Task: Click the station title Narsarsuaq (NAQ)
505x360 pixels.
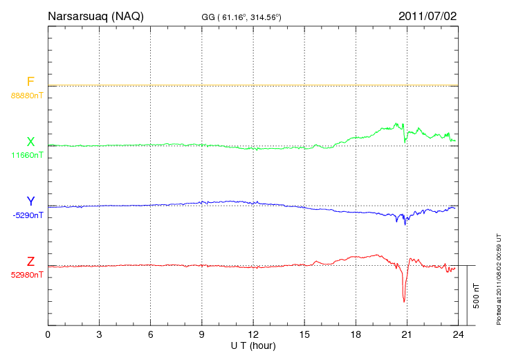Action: point(95,16)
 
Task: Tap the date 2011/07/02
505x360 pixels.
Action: point(427,16)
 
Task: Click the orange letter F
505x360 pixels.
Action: point(30,82)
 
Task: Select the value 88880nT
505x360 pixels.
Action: point(26,96)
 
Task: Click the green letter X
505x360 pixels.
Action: point(30,142)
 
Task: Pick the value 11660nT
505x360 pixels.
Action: point(26,155)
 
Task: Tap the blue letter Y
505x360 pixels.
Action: point(30,201)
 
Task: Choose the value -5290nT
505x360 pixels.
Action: point(27,215)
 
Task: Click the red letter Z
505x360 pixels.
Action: point(30,262)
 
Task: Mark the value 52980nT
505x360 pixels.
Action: point(26,275)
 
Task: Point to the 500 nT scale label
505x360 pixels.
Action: point(476,296)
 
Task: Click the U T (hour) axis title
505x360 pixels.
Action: point(252,345)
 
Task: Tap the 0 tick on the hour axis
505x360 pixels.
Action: point(48,334)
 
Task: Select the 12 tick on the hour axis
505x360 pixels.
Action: point(252,334)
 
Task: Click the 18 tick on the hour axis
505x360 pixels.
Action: point(355,334)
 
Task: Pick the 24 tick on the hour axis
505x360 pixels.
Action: point(457,334)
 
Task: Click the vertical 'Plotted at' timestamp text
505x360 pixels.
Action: point(498,277)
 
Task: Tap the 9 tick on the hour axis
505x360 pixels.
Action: point(201,334)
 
